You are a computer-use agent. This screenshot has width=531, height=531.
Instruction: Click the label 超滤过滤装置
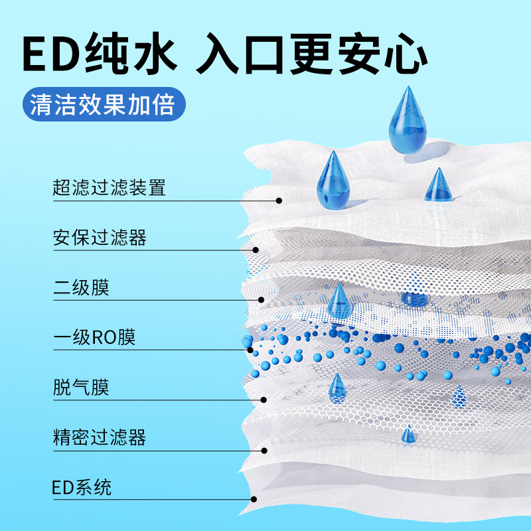coord(109,188)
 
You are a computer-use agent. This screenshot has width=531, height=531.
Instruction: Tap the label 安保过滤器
coord(99,238)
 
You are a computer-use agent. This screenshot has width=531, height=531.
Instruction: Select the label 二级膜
coord(80,288)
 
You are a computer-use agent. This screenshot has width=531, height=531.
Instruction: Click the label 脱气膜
coord(80,388)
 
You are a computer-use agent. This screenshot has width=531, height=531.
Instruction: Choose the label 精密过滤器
coord(99,438)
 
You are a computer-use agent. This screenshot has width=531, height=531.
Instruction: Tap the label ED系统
coord(82,488)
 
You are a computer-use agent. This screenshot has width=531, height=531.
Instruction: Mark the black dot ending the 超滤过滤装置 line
coord(279,200)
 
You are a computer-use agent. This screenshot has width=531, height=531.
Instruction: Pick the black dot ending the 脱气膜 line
coord(263,400)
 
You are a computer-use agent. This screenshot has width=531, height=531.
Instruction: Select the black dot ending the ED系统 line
coord(252,500)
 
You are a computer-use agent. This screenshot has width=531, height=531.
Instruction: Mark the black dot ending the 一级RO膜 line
coord(251,349)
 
